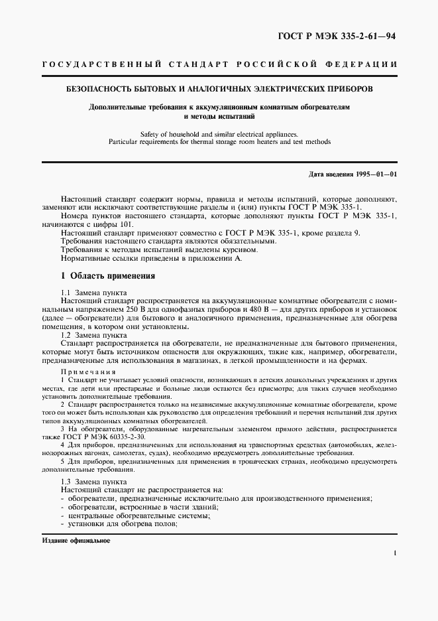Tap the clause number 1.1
coord(66,293)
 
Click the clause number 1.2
coord(66,336)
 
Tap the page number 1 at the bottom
coord(394,553)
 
